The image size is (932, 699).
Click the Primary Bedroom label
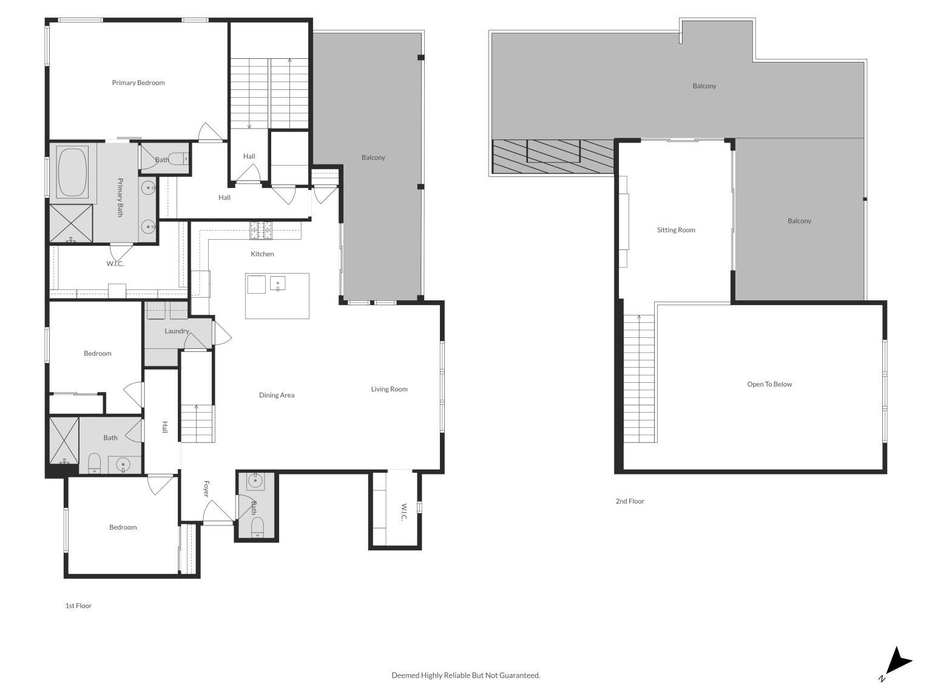point(138,83)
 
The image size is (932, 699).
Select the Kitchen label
point(262,254)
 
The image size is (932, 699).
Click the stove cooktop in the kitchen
point(260,229)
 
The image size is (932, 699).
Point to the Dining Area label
point(277,395)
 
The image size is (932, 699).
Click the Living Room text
point(389,389)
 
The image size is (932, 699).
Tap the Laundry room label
point(177,331)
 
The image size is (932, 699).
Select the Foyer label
point(206,489)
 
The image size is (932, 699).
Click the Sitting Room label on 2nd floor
point(676,230)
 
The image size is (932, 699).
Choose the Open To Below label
point(769,384)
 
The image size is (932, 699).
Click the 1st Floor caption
point(78,606)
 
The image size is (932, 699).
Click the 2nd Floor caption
point(630,501)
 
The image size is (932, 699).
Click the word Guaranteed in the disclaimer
point(521,675)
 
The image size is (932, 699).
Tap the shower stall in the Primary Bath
point(71,224)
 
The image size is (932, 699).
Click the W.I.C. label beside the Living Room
point(403,511)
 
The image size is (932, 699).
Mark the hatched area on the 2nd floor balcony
point(552,156)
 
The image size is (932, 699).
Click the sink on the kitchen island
point(278,283)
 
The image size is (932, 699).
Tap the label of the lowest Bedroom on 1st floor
point(123,527)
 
